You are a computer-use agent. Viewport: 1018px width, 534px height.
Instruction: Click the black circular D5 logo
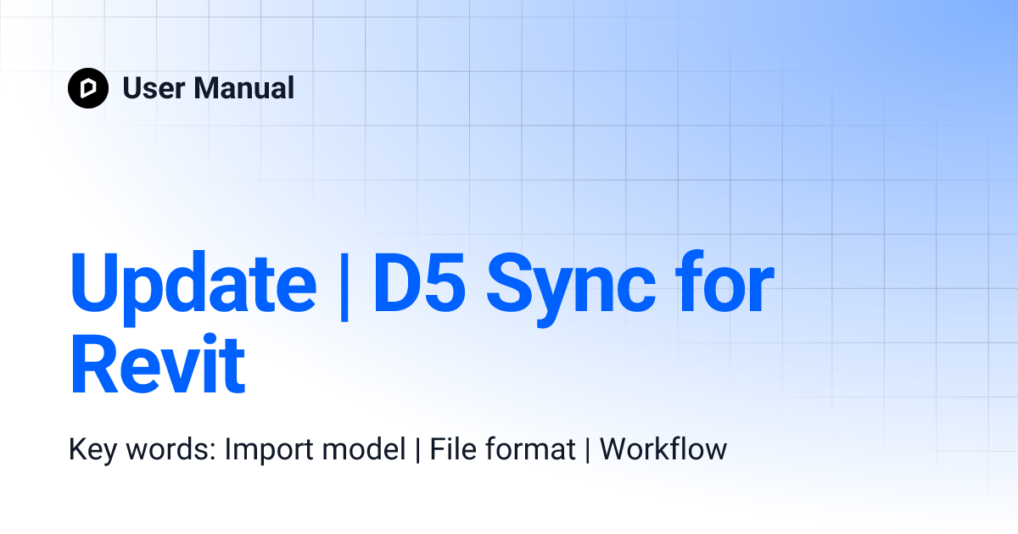pos(88,88)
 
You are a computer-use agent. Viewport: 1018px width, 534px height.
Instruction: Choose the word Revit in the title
pos(158,366)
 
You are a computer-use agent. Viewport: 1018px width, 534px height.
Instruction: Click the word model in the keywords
pos(366,448)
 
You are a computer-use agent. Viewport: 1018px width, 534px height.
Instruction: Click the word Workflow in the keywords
pos(663,448)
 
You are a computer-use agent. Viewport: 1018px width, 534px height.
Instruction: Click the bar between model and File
pos(417,448)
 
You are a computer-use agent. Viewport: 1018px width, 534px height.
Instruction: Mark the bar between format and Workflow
pos(588,448)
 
